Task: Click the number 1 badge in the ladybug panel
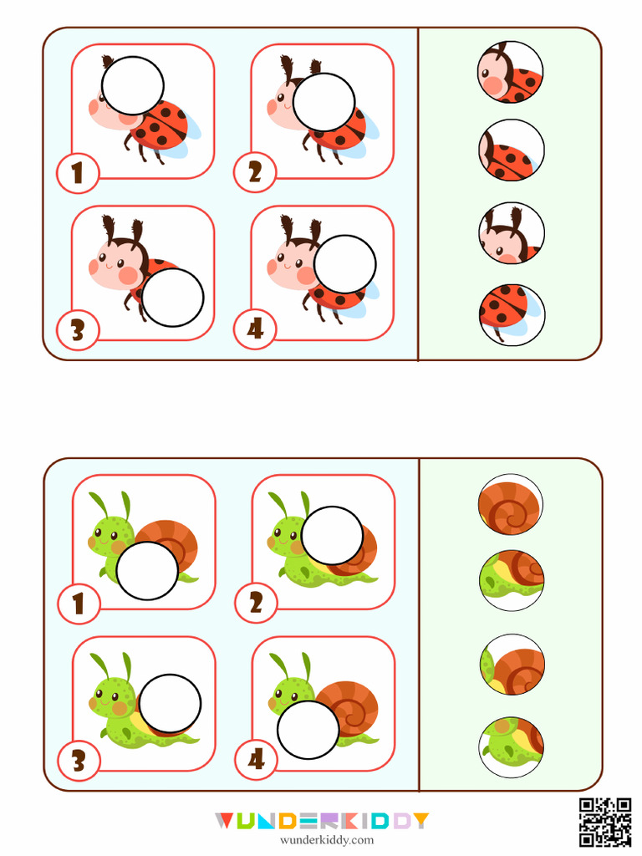pos(78,173)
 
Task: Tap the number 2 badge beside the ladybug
pos(255,173)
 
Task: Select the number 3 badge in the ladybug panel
pos(78,330)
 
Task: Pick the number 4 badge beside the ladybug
pos(255,330)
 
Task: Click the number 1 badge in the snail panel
pos(79,603)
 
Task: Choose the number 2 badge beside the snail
pos(255,603)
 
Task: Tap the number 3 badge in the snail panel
pos(79,760)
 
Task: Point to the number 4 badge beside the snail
pos(255,760)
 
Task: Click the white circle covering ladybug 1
pos(132,86)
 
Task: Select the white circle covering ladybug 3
pos(172,298)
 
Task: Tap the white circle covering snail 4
pos(308,730)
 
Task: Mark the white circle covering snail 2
pos(332,535)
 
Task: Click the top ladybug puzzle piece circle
pos(511,73)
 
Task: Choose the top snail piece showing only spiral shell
pos(511,505)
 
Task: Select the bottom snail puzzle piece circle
pos(512,743)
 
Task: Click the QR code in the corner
pos(605,823)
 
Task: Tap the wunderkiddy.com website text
pos(321,840)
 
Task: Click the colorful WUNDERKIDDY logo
pos(321,821)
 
